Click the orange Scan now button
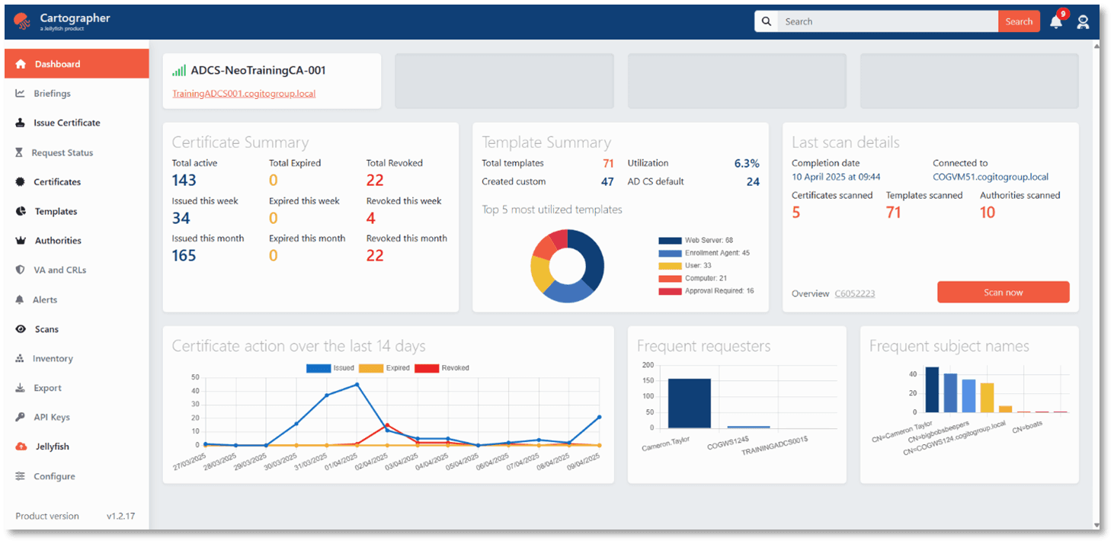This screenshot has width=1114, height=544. pos(1003,293)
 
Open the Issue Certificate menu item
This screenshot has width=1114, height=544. pos(66,123)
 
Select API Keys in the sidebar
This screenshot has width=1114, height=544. pos(51,417)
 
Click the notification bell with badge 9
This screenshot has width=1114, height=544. pos(1056,22)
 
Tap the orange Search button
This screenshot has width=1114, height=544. pos(1019,21)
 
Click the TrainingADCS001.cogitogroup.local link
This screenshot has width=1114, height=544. pos(244,94)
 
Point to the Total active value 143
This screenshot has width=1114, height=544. pos(184,181)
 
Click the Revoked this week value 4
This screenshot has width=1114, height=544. pos(370,219)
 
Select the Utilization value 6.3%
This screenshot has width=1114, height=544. pos(746,163)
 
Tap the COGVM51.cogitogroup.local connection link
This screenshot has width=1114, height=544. pos(990,177)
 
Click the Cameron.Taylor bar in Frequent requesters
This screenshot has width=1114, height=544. pos(689,404)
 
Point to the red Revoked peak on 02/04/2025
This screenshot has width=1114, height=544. pos(387,425)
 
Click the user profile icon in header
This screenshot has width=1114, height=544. pos(1083,22)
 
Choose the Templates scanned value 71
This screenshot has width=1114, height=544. pos(894,213)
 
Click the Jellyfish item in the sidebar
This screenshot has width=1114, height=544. pos(52,446)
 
